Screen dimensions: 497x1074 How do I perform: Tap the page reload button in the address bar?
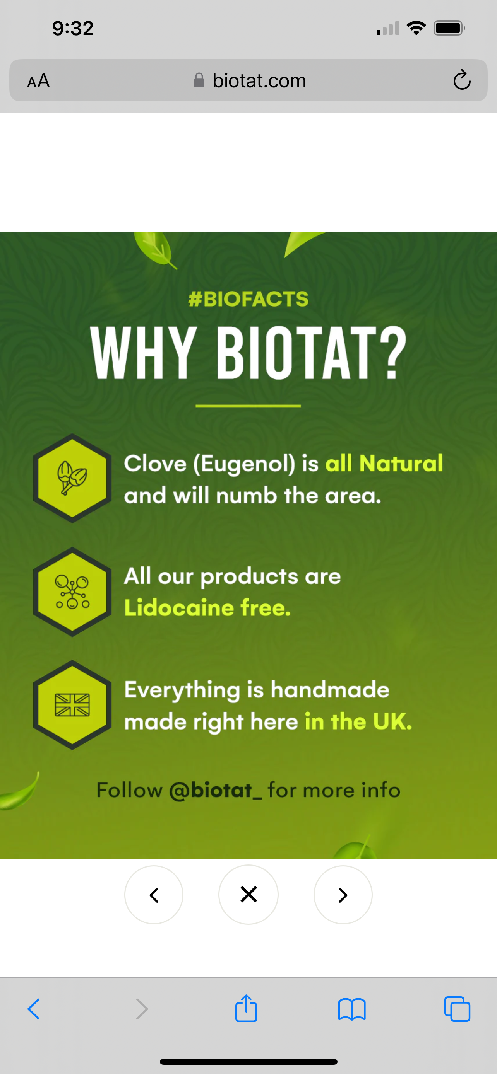462,80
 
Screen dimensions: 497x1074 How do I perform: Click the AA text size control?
38,80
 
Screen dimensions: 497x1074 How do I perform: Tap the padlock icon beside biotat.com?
199,80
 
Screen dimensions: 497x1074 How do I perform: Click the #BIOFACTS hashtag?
248,299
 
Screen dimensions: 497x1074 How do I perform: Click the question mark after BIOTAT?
394,352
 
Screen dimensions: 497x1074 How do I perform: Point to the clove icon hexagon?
72,478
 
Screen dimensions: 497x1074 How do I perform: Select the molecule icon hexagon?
72,592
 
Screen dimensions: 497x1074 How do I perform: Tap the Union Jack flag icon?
72,705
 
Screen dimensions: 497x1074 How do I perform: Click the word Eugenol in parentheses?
244,464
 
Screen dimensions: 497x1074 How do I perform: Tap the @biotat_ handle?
215,791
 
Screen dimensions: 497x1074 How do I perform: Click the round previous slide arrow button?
154,895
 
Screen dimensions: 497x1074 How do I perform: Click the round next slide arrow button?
343,895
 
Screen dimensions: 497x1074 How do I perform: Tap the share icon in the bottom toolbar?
246,1008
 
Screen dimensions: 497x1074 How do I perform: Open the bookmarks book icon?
352,1009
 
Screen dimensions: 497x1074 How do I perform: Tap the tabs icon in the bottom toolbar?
458,1009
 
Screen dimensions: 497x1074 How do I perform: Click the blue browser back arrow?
34,1009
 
